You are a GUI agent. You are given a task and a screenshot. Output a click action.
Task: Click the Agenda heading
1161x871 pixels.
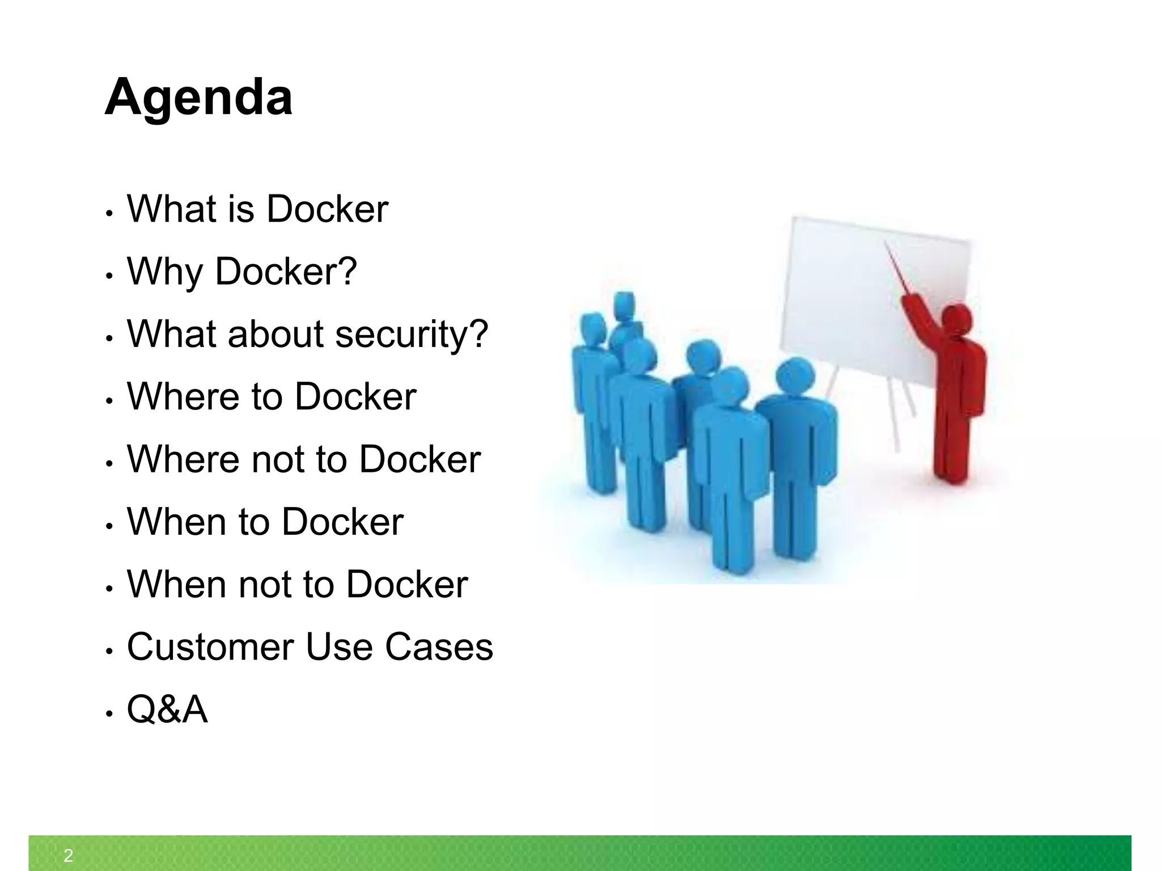(198, 98)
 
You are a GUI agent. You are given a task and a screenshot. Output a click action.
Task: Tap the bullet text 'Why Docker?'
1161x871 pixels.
(242, 272)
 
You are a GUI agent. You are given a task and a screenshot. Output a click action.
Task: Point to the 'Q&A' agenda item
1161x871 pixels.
(167, 709)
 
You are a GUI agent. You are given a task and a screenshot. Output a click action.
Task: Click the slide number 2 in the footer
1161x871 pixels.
(68, 856)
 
